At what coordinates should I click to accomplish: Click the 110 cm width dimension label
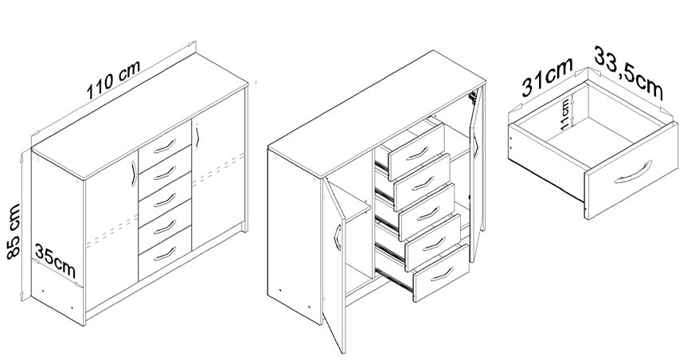tap(113, 80)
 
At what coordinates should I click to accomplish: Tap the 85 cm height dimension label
tap(14, 231)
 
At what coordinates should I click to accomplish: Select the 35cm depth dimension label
tap(56, 261)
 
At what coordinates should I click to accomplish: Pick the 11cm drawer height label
tap(564, 114)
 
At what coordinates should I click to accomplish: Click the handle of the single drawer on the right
tap(633, 173)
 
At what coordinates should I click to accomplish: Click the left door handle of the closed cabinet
tap(134, 174)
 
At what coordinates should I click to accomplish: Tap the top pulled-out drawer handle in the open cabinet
tap(417, 154)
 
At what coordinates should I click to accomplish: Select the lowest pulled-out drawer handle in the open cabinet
tap(442, 274)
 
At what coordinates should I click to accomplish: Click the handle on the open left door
tap(338, 238)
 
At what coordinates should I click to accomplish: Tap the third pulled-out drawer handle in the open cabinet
tap(428, 213)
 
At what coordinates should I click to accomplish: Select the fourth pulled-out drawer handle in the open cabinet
tap(434, 244)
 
